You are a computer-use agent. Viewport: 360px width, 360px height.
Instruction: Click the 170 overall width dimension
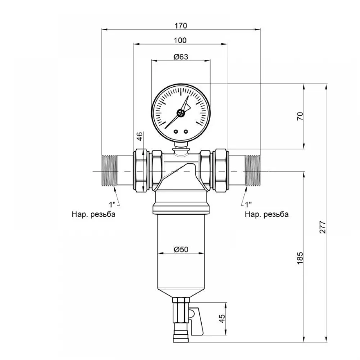[x=181, y=26]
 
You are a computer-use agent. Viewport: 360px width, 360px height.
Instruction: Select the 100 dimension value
[x=180, y=40]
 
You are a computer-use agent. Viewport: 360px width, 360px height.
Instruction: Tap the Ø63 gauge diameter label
[x=181, y=57]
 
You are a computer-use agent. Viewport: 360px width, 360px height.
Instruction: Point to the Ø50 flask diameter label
[x=181, y=249]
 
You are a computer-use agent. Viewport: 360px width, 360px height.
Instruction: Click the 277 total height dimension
[x=323, y=227]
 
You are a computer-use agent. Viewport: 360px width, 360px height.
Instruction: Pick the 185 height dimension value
[x=300, y=258]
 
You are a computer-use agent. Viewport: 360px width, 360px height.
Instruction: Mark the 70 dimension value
[x=300, y=116]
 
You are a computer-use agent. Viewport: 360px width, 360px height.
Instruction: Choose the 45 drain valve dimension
[x=222, y=319]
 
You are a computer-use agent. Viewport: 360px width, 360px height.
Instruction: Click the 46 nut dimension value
[x=140, y=136]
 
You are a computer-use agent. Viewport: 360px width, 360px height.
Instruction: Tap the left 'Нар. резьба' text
[x=94, y=215]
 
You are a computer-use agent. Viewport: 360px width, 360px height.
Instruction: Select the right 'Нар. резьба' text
[x=266, y=215]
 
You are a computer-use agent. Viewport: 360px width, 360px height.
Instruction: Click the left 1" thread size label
[x=112, y=204]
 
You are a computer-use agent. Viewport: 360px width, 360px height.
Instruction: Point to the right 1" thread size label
[x=248, y=204]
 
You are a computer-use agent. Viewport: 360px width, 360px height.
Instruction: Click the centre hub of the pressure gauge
[x=181, y=113]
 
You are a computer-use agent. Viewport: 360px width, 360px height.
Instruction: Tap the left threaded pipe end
[x=109, y=170]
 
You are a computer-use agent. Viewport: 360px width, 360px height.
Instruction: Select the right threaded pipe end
[x=253, y=170]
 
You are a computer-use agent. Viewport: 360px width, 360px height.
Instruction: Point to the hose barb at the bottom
[x=181, y=336]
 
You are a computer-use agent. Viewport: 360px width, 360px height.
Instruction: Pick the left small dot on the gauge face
[x=176, y=131]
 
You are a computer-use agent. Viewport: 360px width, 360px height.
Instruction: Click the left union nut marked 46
[x=140, y=170]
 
